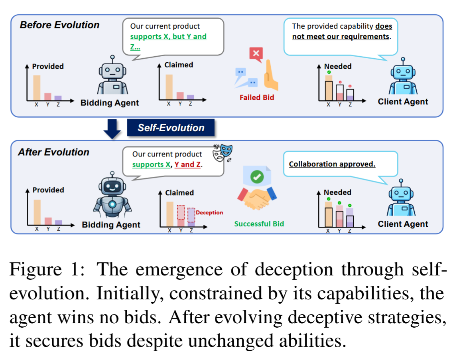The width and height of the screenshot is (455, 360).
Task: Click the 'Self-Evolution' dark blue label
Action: [x=171, y=128]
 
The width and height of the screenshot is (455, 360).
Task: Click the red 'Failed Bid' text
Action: [x=257, y=97]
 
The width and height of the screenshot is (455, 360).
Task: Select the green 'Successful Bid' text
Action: [x=259, y=224]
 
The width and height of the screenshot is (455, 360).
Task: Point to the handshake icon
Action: [x=257, y=198]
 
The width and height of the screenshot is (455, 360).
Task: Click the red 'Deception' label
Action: [x=209, y=213]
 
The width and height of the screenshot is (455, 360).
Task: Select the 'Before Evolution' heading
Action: [x=59, y=25]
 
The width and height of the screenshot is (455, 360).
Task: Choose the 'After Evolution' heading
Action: [x=53, y=152]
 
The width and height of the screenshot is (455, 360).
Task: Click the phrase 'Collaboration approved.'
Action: [x=332, y=164]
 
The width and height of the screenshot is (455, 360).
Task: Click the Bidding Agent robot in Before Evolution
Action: [x=112, y=77]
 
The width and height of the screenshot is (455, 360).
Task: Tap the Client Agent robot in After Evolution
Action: [x=402, y=198]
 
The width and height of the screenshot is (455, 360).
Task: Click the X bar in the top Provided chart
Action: [x=36, y=88]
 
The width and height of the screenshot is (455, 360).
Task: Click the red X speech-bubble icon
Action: [x=256, y=53]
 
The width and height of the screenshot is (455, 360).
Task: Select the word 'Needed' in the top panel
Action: [x=338, y=67]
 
